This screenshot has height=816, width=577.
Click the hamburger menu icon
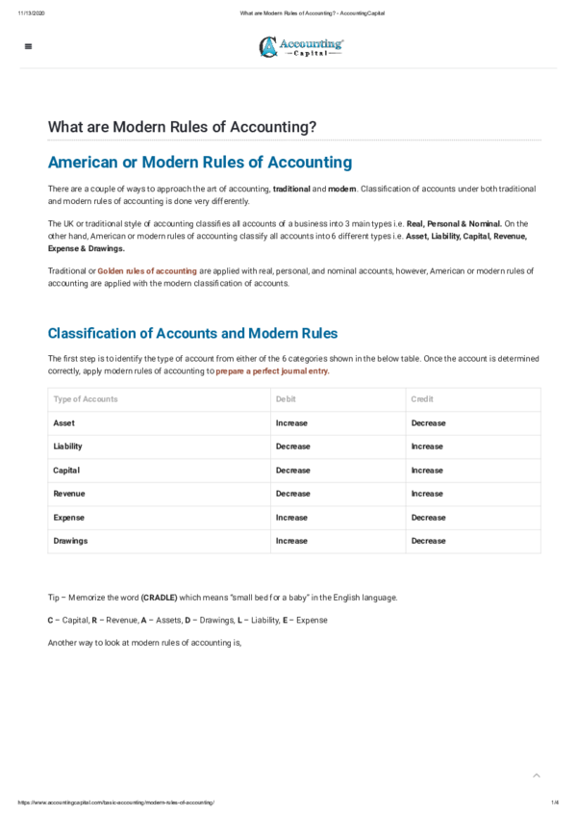point(27,46)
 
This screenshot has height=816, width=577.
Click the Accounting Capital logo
point(301,46)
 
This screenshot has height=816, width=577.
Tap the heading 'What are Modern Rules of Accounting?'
point(182,127)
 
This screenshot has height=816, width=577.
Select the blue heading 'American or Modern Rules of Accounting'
point(200,163)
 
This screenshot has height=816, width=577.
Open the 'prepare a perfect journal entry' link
point(272,370)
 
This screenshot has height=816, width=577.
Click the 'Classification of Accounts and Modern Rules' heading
point(192,333)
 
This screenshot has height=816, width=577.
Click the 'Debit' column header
point(286,398)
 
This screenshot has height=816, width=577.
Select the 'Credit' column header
point(421,398)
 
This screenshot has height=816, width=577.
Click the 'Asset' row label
point(64,423)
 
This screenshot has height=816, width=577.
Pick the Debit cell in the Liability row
point(292,446)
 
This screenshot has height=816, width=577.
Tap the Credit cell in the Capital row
point(427,471)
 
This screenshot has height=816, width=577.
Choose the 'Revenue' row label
point(69,494)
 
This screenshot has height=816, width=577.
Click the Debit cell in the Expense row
point(291,518)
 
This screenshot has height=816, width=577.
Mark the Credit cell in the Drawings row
point(428,541)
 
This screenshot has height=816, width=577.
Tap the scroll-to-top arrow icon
point(537,775)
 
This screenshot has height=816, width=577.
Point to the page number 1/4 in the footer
point(555,803)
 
